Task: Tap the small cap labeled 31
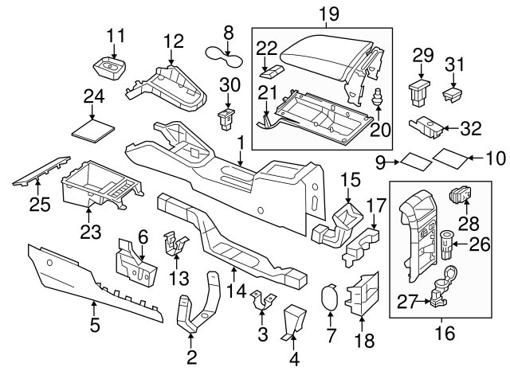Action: coord(453,95)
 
